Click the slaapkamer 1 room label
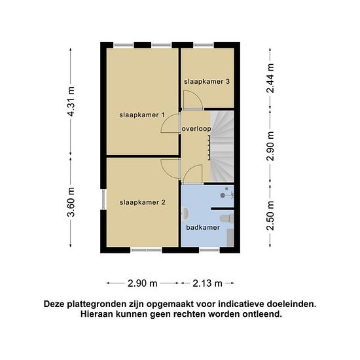point(142,115)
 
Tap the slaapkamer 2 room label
point(142,202)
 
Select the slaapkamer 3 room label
point(207,81)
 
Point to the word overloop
point(196,129)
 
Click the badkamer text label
point(203,227)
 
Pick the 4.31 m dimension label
point(71,101)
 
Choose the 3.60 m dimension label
point(71,202)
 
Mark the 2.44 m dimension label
point(270,78)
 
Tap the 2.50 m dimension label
point(270,215)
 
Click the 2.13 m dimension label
point(207,283)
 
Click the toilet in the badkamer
point(227,218)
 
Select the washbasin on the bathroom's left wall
point(185,213)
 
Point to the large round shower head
point(223,196)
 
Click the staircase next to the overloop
point(222,147)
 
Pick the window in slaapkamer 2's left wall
point(103,199)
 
